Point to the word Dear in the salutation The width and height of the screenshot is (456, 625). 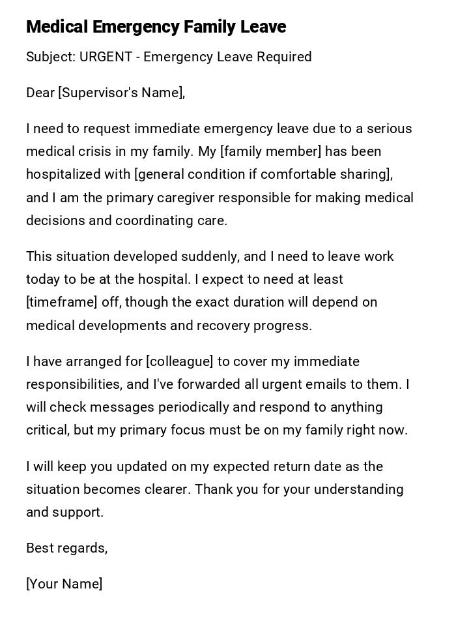40,93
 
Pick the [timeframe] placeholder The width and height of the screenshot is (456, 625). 59,302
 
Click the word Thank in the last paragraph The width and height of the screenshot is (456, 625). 214,489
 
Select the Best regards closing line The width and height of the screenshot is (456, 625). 66,548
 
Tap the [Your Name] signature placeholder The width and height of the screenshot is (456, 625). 64,584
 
